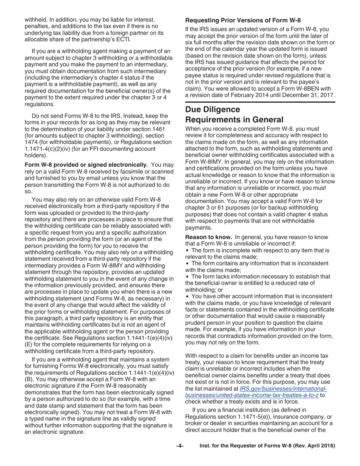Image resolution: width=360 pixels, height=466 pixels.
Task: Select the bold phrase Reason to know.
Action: click(x=208, y=237)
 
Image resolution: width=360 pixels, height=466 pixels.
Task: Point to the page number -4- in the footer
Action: click(x=180, y=446)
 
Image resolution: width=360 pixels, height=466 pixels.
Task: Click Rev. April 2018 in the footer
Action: click(x=314, y=446)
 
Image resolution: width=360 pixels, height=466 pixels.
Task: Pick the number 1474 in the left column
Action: click(x=31, y=142)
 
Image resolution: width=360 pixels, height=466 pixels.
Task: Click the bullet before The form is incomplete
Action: click(x=187, y=250)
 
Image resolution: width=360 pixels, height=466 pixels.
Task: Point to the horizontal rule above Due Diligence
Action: click(x=260, y=102)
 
